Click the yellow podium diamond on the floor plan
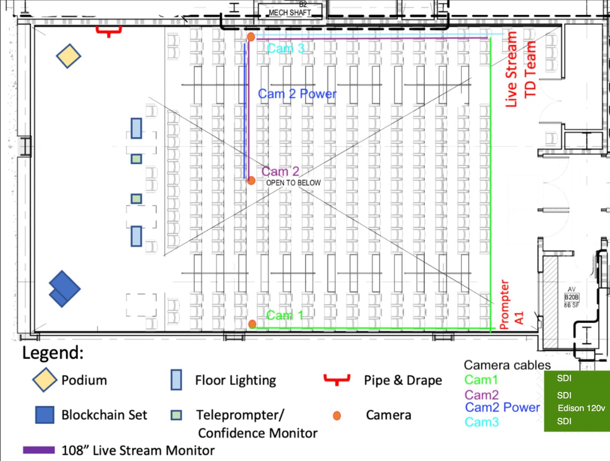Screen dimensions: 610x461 pyautogui.click(x=68, y=56)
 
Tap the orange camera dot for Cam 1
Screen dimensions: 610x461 pyautogui.click(x=252, y=324)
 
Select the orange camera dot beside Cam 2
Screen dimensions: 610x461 pyautogui.click(x=251, y=181)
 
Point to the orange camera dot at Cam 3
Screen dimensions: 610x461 pyautogui.click(x=251, y=37)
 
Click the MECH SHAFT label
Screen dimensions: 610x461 pyautogui.click(x=290, y=13)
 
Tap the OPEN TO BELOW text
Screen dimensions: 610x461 pyautogui.click(x=294, y=183)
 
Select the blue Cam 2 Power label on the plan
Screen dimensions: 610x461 pyautogui.click(x=297, y=94)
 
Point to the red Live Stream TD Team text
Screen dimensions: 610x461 pyautogui.click(x=520, y=69)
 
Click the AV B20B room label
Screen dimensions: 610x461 pyautogui.click(x=571, y=297)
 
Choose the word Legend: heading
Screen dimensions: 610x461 pyautogui.click(x=53, y=353)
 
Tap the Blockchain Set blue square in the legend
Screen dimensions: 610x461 pyautogui.click(x=45, y=415)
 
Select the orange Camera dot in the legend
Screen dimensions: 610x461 pyautogui.click(x=337, y=416)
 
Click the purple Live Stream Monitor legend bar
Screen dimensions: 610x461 pyautogui.click(x=39, y=450)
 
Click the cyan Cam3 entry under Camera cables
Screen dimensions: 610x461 pyautogui.click(x=482, y=422)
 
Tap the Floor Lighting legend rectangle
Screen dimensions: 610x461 pyautogui.click(x=176, y=379)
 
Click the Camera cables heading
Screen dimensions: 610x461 pyautogui.click(x=507, y=365)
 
